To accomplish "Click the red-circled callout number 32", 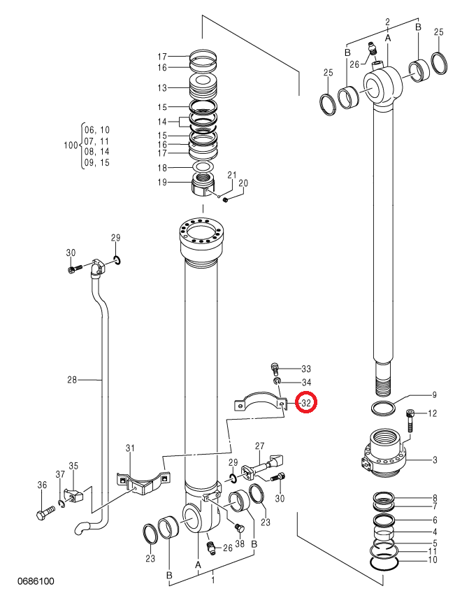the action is pos(306,403).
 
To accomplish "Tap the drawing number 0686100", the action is pos(36,581).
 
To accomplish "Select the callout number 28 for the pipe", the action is pos(72,380).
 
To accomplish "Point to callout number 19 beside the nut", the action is pos(162,183).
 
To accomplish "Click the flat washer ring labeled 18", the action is pos(203,167).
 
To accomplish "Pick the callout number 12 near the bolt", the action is pos(432,413).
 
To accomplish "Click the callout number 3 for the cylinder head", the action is pos(435,460).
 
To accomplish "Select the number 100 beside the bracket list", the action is pos(71,145).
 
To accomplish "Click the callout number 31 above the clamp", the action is pos(130,448).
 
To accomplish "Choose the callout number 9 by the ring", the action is pos(434,395).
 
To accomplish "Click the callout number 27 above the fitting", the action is pos(260,446).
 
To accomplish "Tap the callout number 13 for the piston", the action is pos(162,87).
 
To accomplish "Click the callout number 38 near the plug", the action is pos(240,543).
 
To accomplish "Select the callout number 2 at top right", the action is pos(387,22).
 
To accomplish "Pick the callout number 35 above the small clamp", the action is pos(73,466).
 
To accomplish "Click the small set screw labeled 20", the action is pos(226,199).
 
